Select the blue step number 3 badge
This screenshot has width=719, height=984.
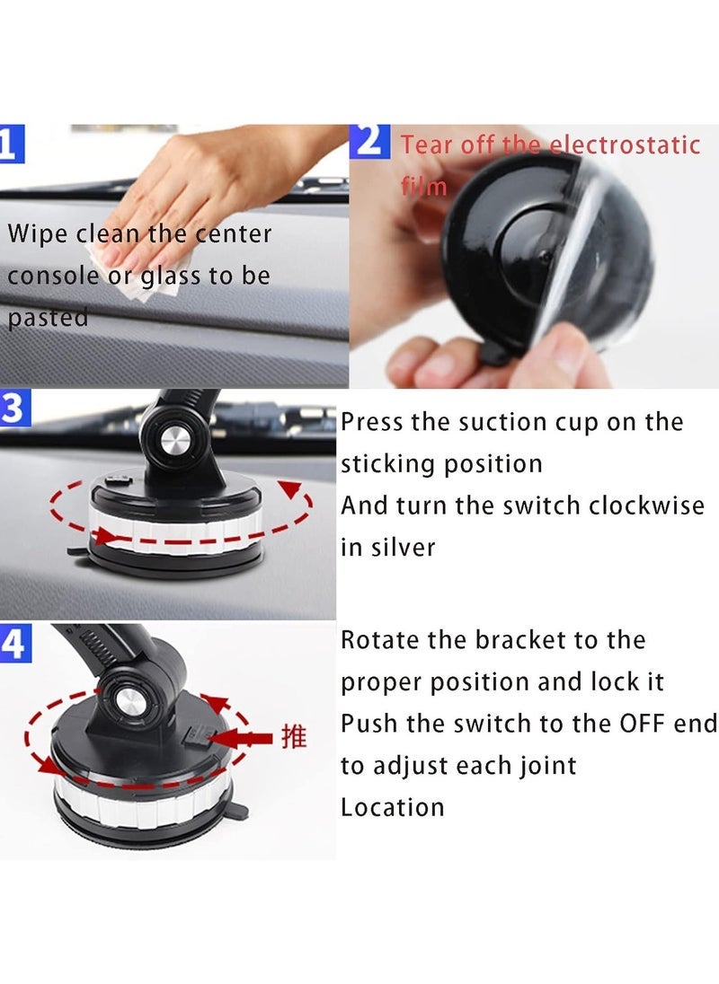tap(13, 409)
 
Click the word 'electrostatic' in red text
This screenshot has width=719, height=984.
tap(625, 145)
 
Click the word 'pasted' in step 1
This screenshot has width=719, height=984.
tap(49, 318)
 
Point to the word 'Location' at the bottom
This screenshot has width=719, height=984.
tap(392, 807)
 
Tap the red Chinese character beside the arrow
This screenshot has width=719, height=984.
tap(294, 738)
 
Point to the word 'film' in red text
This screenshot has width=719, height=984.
tap(423, 186)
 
